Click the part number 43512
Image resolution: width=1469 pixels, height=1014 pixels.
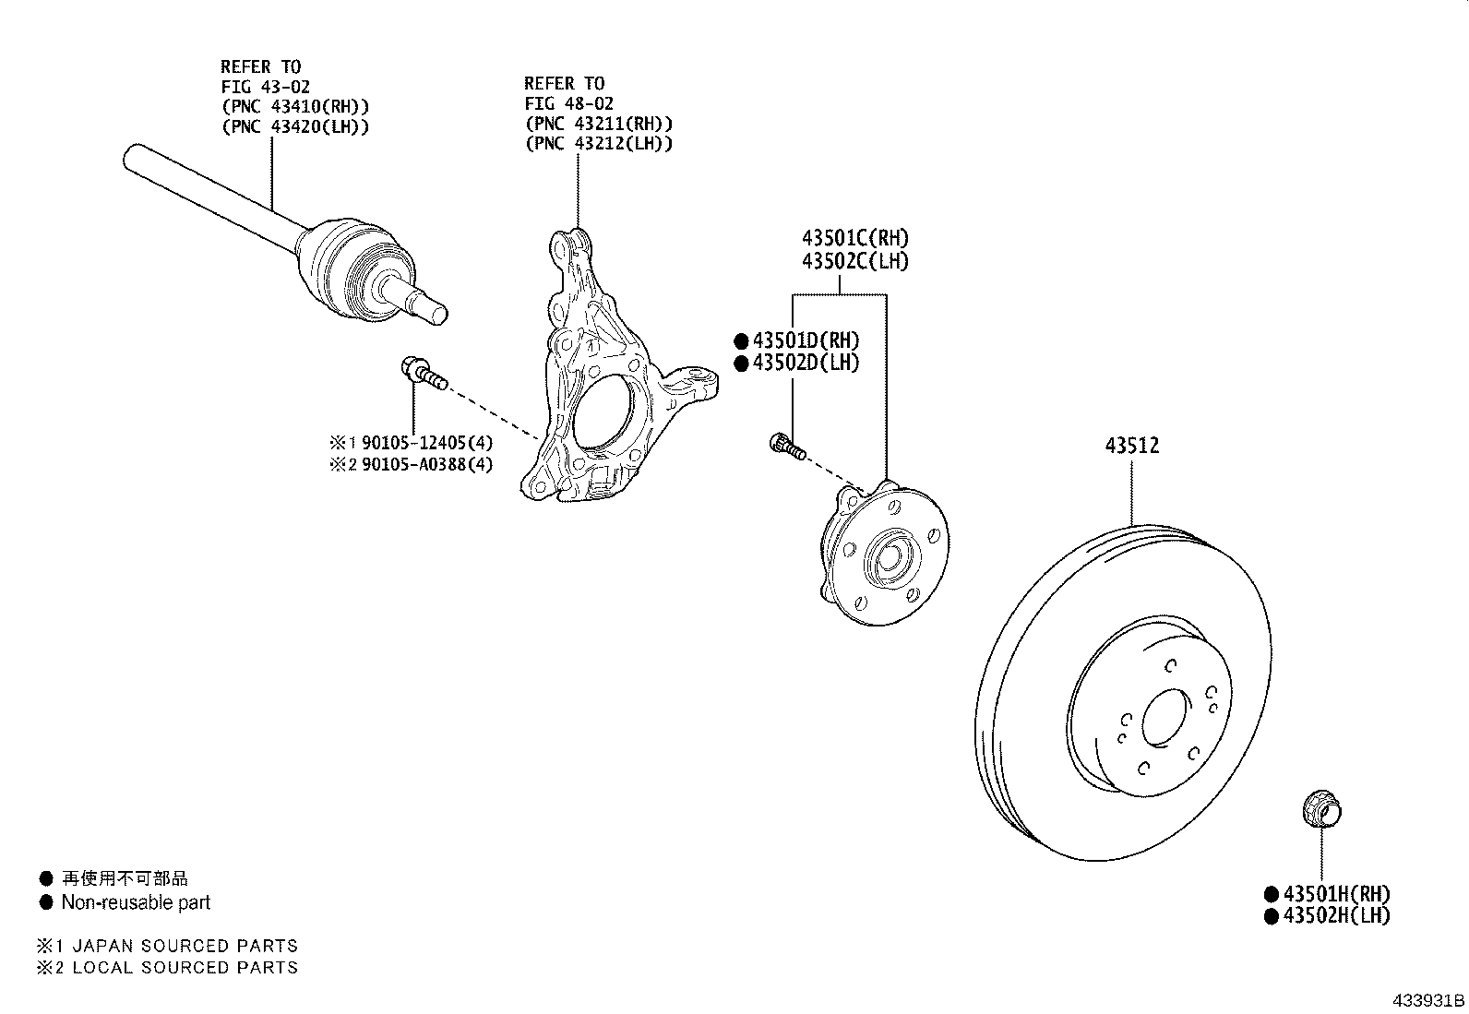click(x=1132, y=446)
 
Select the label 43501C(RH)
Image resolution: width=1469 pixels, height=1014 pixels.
click(x=854, y=239)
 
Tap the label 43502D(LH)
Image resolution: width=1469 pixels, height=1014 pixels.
click(x=805, y=363)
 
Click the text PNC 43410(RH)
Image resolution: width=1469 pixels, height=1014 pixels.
click(x=295, y=106)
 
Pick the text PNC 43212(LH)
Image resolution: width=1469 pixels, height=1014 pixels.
click(x=599, y=143)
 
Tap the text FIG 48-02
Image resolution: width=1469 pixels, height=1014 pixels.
click(x=569, y=103)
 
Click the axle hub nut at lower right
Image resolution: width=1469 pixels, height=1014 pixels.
click(x=1320, y=811)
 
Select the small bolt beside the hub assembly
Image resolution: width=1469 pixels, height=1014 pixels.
click(x=787, y=447)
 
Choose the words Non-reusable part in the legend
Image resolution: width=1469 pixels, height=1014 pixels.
click(x=136, y=902)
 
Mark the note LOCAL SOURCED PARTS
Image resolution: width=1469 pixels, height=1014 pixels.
click(x=185, y=967)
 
